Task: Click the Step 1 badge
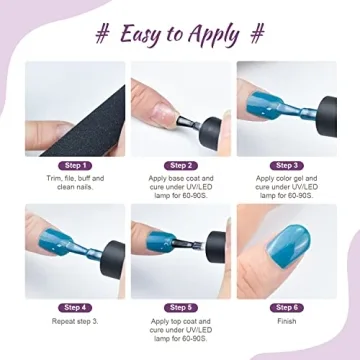75,165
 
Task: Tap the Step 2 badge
180,165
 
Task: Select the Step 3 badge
286,165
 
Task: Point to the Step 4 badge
75,307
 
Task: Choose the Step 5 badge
180,307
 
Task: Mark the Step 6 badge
286,307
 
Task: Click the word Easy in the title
143,34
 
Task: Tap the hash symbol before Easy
102,34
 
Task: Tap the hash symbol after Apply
257,34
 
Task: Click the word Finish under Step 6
286,321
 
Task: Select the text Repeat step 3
75,321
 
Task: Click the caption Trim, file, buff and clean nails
75,183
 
